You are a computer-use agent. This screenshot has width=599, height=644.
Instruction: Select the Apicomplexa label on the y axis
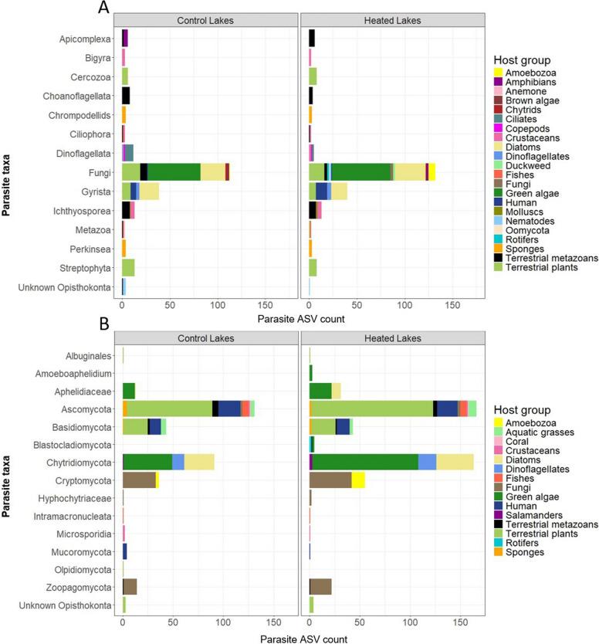click(x=91, y=39)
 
